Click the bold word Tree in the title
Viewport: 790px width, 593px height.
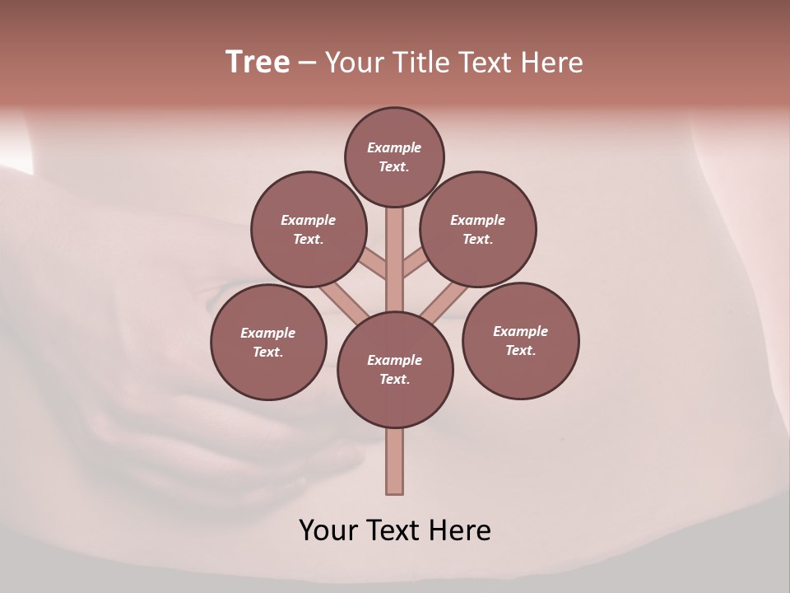click(x=258, y=63)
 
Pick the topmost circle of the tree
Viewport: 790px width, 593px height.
click(x=394, y=156)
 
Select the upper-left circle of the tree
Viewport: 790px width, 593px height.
click(x=309, y=229)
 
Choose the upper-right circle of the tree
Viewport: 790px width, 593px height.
click(x=478, y=229)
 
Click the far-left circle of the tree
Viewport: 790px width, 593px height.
click(x=268, y=342)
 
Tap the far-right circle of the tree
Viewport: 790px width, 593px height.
click(x=520, y=340)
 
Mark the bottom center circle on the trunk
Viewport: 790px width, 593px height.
click(x=395, y=370)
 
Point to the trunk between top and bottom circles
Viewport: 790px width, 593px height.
click(x=395, y=259)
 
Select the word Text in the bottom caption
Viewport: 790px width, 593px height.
click(x=394, y=530)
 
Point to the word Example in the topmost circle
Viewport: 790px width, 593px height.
click(x=394, y=148)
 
